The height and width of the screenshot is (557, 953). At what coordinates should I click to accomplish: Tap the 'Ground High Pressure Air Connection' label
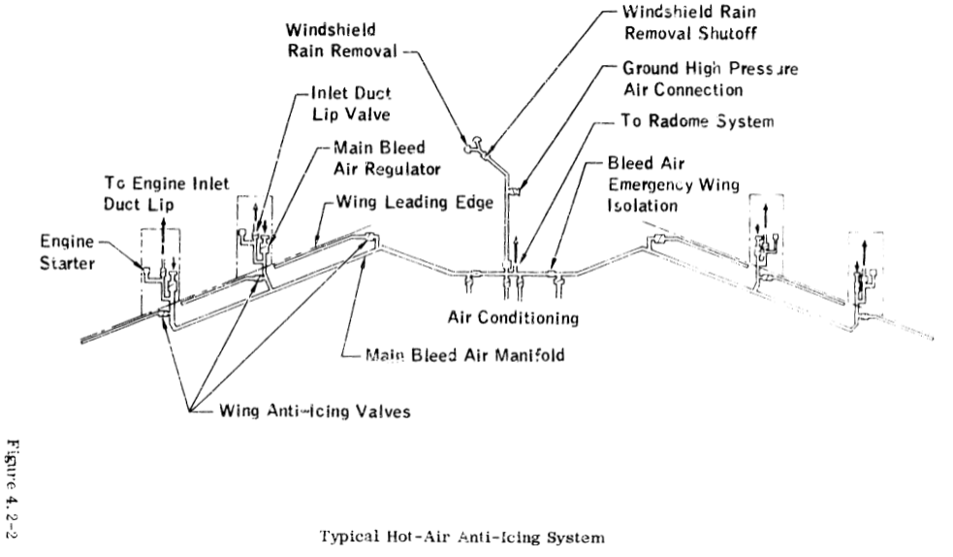point(683,79)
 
